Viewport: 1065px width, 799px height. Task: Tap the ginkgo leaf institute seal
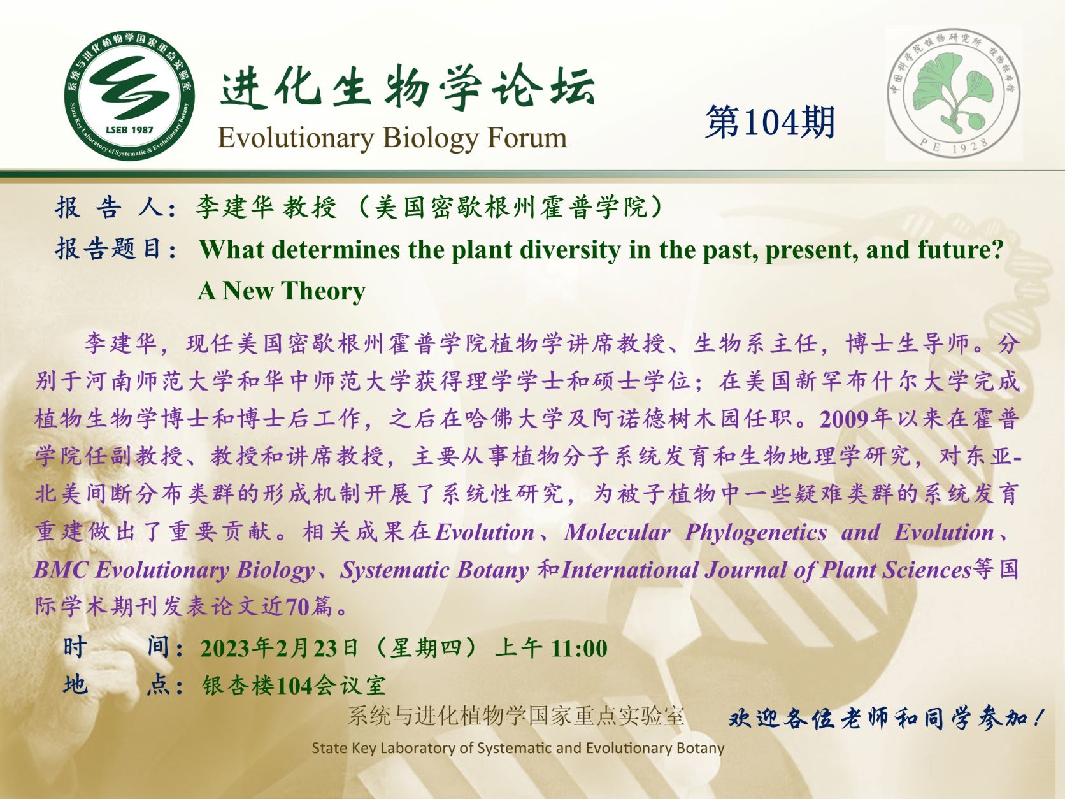click(x=954, y=94)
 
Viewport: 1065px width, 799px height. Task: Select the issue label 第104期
click(x=770, y=122)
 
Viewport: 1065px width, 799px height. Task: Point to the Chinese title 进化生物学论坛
click(x=408, y=87)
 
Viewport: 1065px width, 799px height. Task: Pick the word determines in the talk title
click(x=336, y=249)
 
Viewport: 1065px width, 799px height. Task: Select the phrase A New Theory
click(x=282, y=291)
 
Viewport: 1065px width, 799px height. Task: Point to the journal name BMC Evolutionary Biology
click(x=175, y=570)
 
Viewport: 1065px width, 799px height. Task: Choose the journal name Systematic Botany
click(x=434, y=570)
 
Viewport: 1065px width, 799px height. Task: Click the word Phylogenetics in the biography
click(x=755, y=533)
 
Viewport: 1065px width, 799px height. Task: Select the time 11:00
click(x=580, y=648)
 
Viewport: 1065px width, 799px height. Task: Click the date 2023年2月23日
click(x=280, y=648)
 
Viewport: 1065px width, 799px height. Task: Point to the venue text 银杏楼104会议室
click(x=294, y=686)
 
